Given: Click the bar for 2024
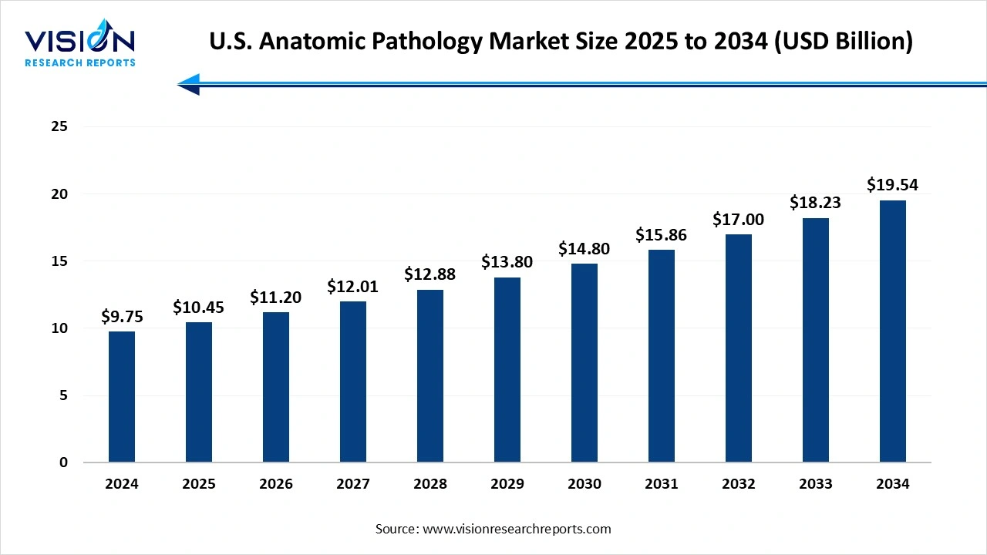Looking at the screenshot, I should pyautogui.click(x=122, y=397).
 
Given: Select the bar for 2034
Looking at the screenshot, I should pyautogui.click(x=893, y=331).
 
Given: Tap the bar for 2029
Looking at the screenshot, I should pyautogui.click(x=507, y=370).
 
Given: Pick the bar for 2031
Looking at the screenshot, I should pyautogui.click(x=662, y=356).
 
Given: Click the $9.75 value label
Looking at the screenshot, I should pyautogui.click(x=122, y=317).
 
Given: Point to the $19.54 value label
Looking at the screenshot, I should pyautogui.click(x=893, y=185).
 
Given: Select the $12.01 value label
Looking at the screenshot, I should pyautogui.click(x=353, y=287).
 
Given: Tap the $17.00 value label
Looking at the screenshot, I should pyautogui.click(x=739, y=220).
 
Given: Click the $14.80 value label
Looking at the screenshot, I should pyautogui.click(x=584, y=249).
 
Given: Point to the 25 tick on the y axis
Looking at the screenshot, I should pyautogui.click(x=59, y=127).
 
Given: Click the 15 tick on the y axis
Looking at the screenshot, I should pyautogui.click(x=59, y=261).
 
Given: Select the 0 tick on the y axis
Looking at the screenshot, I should pyautogui.click(x=64, y=462).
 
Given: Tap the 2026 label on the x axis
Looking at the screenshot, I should pyautogui.click(x=276, y=484).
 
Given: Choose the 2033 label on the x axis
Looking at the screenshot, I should pyautogui.click(x=816, y=484).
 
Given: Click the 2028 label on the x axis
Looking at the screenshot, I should pyautogui.click(x=430, y=484).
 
